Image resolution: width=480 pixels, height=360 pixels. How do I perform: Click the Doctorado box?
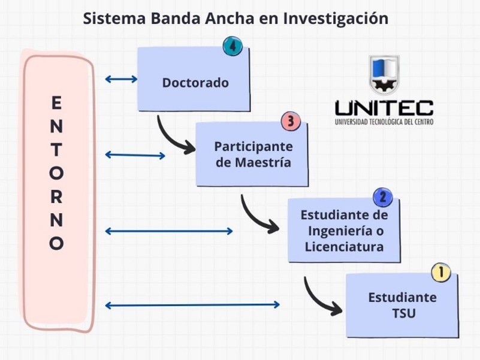[194, 82]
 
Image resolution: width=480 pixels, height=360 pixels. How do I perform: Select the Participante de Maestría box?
[253, 154]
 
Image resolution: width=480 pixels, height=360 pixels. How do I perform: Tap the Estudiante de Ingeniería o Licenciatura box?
[343, 231]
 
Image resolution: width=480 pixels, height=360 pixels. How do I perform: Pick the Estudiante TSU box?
[402, 305]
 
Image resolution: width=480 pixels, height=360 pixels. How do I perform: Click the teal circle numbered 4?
[232, 46]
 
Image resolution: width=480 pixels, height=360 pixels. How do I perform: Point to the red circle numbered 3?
[290, 122]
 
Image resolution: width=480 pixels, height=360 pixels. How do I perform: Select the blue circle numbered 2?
[382, 197]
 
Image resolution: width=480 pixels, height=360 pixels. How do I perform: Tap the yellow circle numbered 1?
[441, 273]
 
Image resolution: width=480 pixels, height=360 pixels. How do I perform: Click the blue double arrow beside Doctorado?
[121, 78]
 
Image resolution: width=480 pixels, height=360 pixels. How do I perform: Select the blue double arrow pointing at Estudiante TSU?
[192, 305]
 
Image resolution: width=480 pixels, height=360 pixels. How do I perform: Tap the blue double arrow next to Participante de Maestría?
[135, 155]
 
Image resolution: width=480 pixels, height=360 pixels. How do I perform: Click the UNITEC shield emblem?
[384, 74]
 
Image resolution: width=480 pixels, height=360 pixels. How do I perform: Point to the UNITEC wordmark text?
[384, 108]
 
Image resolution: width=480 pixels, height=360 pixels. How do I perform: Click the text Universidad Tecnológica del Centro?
[384, 122]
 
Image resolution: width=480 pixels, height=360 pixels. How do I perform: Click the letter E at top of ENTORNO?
[56, 103]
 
